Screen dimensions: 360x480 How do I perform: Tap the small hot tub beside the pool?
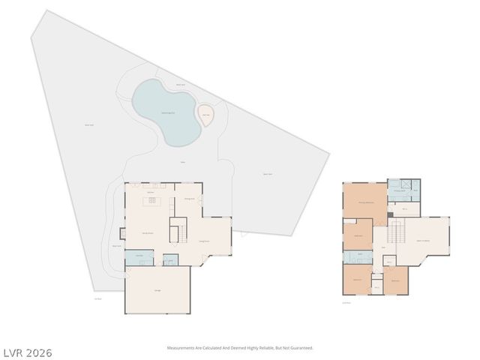point(205,115)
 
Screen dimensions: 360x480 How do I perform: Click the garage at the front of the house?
point(157,290)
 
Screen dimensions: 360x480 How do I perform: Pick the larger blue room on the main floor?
point(138,258)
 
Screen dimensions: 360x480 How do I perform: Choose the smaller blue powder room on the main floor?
point(170,260)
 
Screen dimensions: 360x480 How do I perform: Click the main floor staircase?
point(178,230)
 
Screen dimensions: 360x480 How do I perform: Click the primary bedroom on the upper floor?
point(365,201)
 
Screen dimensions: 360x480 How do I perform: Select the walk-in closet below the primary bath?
point(404,208)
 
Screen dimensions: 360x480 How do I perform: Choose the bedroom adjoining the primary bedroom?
point(358,235)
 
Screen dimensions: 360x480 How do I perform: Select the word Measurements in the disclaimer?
point(181,348)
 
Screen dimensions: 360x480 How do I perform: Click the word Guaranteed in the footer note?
point(301,348)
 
